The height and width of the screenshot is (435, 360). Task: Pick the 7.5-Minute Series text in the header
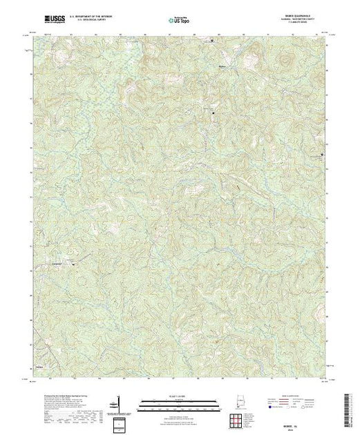(x=295, y=23)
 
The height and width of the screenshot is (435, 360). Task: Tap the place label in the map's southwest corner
(x=40, y=367)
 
